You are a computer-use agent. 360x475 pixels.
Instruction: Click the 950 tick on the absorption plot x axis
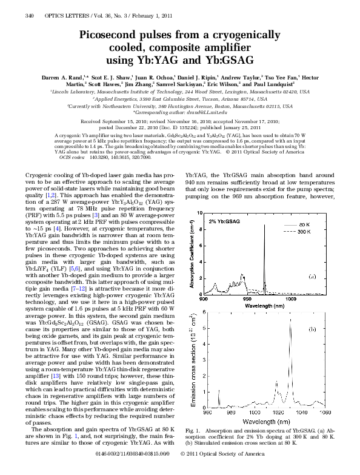[247, 299]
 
